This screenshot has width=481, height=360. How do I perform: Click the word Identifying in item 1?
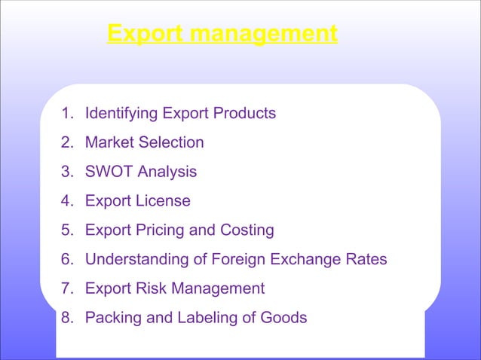point(121,114)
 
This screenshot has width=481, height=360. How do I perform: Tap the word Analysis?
point(167,172)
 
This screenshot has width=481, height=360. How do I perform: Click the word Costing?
point(247,230)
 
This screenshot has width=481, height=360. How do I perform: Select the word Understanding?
point(133,260)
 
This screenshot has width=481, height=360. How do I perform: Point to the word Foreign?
point(228,260)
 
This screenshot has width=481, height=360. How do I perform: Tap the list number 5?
point(67,230)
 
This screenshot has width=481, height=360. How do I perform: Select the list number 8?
point(67,318)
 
